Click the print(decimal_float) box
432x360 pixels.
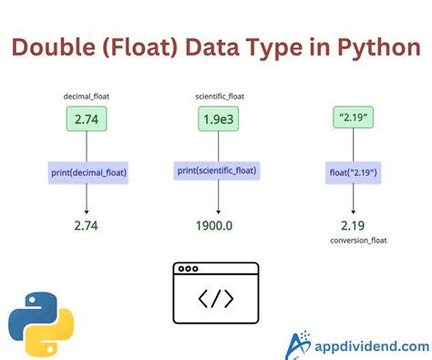tap(88, 170)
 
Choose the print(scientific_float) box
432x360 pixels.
tap(216, 170)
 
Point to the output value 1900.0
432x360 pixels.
tap(216, 224)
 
